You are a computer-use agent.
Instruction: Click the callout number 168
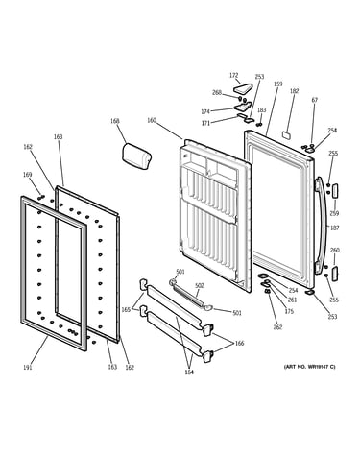[115, 121]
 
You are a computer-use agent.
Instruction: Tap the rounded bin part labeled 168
[136, 156]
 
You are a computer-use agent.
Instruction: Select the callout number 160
[152, 120]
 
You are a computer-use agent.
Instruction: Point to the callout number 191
[28, 368]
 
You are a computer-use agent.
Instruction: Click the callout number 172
[234, 75]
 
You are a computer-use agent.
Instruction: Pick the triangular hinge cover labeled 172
[242, 87]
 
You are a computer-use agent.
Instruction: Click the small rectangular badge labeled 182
[287, 135]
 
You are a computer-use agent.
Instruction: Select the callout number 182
[294, 91]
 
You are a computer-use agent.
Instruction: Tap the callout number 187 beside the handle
[335, 228]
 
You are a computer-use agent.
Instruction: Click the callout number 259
[334, 213]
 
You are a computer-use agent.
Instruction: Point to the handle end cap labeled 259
[335, 191]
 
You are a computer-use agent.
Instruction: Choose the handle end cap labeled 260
[335, 274]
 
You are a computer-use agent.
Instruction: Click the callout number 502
[199, 285]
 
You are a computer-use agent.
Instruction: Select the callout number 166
[239, 344]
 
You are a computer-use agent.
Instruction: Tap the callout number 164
[189, 372]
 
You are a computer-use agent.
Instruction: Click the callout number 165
[126, 310]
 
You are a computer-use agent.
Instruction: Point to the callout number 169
[27, 175]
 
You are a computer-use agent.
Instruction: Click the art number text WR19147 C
[321, 367]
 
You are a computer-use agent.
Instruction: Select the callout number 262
[277, 327]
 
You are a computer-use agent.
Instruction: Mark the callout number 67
[315, 100]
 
